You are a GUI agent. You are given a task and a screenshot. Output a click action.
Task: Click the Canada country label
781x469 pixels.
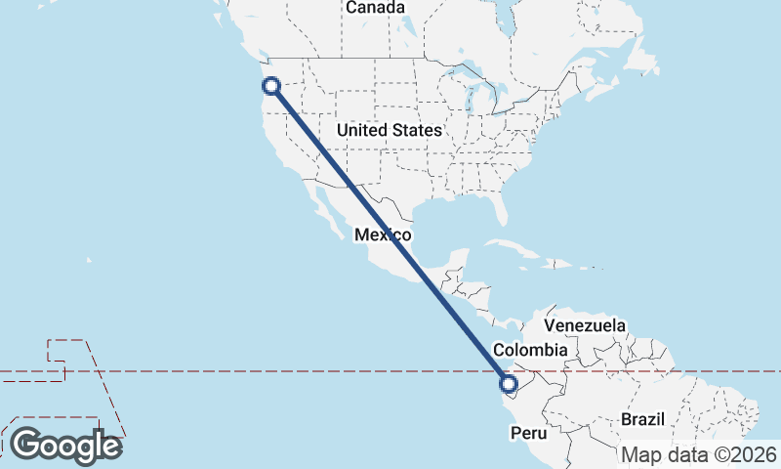pos(375,8)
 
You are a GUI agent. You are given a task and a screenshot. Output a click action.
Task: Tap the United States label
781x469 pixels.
pos(389,130)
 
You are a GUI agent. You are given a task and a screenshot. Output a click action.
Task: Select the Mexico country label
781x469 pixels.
pos(383,235)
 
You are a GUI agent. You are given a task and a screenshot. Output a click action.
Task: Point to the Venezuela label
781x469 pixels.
pos(585,325)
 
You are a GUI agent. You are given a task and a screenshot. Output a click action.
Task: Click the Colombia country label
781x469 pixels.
pos(530,350)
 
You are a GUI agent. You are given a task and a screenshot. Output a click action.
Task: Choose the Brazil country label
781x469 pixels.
pos(642,419)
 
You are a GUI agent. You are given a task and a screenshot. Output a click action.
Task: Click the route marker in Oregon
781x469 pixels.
pos(272,86)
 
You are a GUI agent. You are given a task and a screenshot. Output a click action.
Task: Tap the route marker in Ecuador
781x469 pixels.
pos(508,383)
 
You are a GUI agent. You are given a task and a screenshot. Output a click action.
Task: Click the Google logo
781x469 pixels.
pos(65,446)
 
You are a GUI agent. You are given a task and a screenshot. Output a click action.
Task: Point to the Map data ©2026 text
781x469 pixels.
pos(699,454)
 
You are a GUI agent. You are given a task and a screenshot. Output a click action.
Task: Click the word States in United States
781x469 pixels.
pos(418,130)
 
